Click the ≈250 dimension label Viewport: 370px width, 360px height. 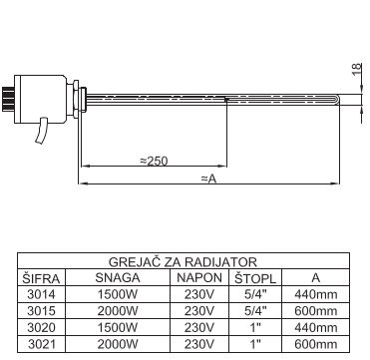(x=154, y=161)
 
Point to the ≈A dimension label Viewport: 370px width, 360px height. (x=208, y=179)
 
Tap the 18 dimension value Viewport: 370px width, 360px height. (x=356, y=69)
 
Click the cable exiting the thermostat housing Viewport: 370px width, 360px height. (x=42, y=131)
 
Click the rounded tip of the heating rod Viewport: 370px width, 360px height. (x=337, y=100)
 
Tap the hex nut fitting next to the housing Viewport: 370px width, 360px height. (x=76, y=99)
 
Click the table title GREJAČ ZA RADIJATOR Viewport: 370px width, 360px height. (x=183, y=261)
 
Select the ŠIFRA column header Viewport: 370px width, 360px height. (x=41, y=278)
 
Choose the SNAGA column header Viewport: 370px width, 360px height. (x=118, y=278)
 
